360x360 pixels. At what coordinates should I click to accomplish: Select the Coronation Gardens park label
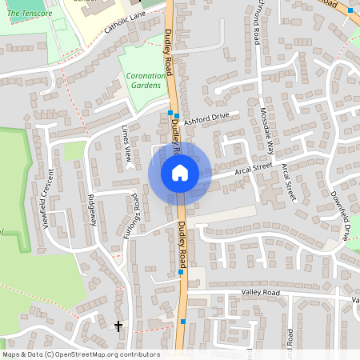[x=145, y=80]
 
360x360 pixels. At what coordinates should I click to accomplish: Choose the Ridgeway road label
[x=93, y=210]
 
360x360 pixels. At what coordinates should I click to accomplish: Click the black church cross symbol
[x=118, y=326]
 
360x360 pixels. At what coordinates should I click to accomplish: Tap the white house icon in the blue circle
[x=180, y=173]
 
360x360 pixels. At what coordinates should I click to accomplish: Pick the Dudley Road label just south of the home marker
[x=184, y=243]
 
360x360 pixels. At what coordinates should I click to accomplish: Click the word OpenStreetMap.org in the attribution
[x=90, y=354]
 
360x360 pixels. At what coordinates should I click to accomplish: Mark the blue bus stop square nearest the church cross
[x=183, y=322]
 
